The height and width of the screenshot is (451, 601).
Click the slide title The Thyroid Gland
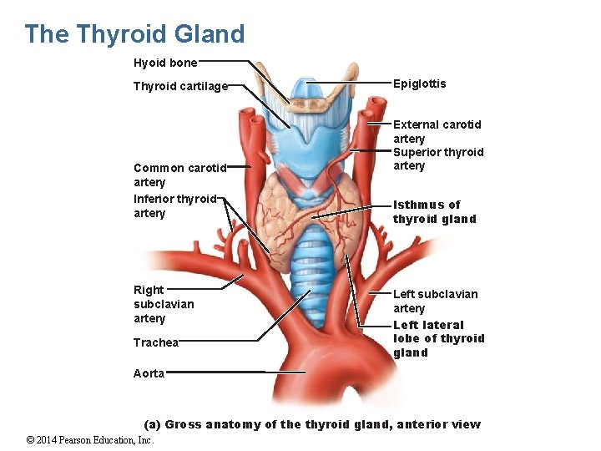[134, 34]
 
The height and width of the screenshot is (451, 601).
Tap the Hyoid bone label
[165, 63]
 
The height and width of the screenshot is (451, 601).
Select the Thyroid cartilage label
[180, 86]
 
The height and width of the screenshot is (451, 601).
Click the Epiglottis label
[419, 84]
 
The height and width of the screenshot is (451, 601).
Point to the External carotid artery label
[437, 131]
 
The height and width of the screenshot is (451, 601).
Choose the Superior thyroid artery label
[437, 159]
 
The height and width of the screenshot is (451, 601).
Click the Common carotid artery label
[179, 175]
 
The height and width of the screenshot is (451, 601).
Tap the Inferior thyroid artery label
[174, 205]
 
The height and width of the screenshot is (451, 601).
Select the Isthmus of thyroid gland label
[434, 211]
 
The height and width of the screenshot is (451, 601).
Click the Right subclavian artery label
[163, 304]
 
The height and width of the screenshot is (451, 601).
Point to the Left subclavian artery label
[435, 301]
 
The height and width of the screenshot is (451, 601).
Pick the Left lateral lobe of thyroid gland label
[438, 338]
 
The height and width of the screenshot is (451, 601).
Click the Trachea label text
[156, 342]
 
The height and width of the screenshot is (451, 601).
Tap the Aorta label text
[149, 373]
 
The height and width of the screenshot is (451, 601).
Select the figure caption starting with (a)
[312, 424]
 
